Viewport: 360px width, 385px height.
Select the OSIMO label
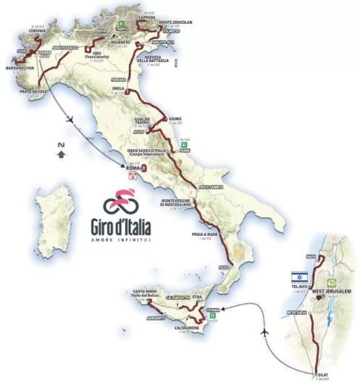tap(178, 120)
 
